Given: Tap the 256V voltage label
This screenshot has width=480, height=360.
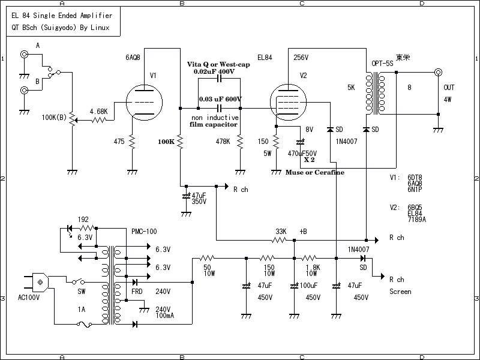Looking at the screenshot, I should (301, 58).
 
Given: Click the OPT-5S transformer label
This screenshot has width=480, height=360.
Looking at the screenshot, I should (382, 63).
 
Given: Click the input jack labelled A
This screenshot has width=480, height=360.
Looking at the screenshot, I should (25, 55).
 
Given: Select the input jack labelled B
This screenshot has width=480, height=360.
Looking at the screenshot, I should (25, 91).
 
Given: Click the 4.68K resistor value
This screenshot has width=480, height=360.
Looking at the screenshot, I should (98, 112).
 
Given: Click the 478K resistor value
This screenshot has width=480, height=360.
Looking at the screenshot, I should (223, 142).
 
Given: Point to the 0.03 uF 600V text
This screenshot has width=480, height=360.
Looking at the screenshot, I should (220, 99).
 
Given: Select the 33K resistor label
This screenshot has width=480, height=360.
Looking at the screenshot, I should (280, 231).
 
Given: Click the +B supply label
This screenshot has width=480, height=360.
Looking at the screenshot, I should (303, 231).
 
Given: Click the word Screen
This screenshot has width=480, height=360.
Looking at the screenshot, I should (400, 292).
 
